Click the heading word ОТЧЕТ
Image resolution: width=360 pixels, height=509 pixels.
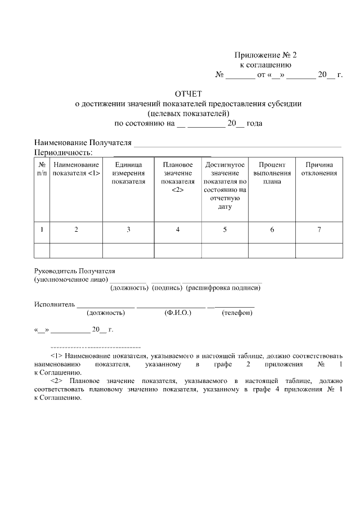[188, 93]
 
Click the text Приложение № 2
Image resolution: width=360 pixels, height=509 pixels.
[264, 55]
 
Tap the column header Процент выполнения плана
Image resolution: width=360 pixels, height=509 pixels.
[272, 173]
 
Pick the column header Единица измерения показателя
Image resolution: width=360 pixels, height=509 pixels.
[128, 173]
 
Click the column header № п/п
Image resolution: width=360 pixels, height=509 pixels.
[42, 169]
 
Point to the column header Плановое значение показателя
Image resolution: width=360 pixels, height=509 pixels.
[178, 177]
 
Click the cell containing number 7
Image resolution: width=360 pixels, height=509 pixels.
[319, 229]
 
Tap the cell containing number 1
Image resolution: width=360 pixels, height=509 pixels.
[42, 229]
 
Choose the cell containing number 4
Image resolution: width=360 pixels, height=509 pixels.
[178, 229]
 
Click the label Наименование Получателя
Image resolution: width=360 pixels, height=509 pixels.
[83, 142]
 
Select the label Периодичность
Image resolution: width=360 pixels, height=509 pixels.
[63, 152]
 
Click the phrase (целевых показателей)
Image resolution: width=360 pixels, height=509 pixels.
[188, 113]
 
